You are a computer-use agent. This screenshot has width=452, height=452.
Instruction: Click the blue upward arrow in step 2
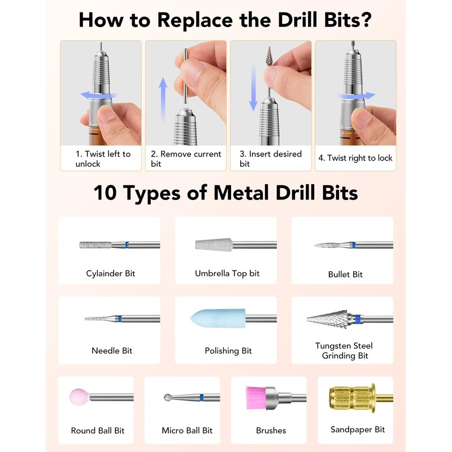pos(163,99)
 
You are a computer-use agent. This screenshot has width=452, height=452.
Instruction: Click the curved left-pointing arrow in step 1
pos(98,95)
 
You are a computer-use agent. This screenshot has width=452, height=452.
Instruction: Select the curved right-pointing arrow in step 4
pos(357,96)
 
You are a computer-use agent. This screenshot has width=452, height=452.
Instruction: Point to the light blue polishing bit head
pos(218,319)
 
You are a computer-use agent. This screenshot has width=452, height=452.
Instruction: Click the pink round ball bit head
pos(79,397)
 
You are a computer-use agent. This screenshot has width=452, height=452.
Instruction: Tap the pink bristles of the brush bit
pos(256,398)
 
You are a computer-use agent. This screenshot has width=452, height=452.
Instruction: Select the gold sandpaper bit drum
pos(352,398)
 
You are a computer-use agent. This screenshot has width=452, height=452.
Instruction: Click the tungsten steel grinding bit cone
pos(328,319)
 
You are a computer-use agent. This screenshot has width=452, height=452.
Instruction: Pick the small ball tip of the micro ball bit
pos(167,398)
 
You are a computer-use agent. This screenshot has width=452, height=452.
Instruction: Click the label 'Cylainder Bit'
pos(110,273)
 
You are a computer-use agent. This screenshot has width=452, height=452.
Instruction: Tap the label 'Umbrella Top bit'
pos(227,273)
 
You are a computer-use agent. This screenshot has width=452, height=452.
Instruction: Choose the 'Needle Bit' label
pos(112,350)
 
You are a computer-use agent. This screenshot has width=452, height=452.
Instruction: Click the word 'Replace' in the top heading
pos(195,20)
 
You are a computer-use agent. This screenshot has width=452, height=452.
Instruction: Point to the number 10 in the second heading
pos(105,193)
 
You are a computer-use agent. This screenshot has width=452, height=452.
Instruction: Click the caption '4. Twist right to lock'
pos(355,158)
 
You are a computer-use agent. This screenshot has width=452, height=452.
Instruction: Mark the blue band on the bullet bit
pos(354,245)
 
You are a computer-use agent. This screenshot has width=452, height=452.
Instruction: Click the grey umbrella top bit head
pos(214,245)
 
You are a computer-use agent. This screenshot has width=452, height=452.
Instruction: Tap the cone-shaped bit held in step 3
pos(270,56)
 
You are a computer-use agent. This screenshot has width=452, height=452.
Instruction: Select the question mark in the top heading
pos(366,20)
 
